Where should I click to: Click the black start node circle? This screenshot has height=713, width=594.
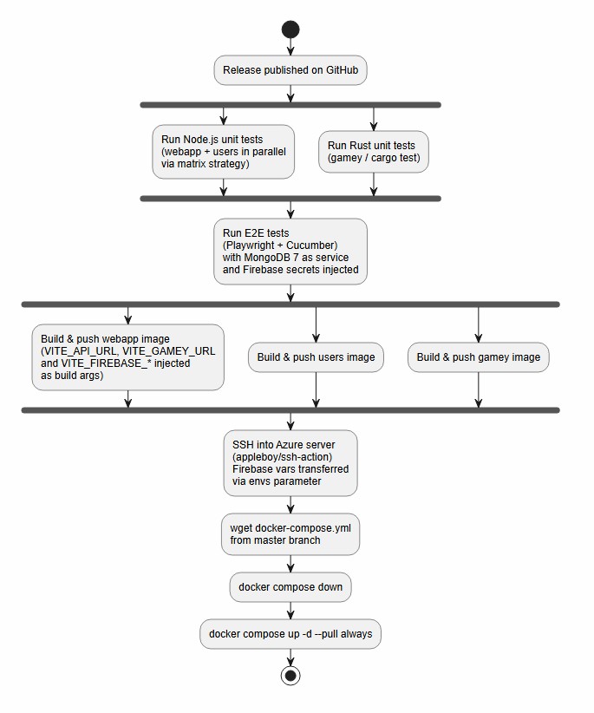click(290, 29)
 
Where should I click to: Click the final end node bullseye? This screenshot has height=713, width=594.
click(290, 676)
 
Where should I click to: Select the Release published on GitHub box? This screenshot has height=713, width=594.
click(290, 70)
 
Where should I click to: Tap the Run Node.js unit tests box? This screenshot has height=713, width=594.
click(223, 152)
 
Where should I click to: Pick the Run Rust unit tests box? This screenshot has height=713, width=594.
click(374, 152)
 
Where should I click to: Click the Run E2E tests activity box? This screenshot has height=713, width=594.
click(290, 252)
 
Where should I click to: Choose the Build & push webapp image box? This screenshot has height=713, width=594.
click(127, 357)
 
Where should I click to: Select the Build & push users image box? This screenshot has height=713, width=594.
click(316, 357)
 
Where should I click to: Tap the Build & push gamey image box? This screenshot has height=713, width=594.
click(478, 357)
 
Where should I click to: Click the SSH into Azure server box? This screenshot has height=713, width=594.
click(290, 463)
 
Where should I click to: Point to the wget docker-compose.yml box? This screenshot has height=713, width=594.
click(290, 534)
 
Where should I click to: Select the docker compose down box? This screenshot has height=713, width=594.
click(290, 587)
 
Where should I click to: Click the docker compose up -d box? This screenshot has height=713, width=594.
click(290, 634)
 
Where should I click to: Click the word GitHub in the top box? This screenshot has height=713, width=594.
click(342, 70)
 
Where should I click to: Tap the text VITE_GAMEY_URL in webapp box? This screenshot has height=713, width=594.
click(168, 351)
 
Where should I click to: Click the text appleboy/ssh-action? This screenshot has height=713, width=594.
click(282, 456)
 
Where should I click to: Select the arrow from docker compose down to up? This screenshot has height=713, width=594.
click(290, 611)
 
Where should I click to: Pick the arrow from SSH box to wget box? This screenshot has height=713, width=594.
click(290, 505)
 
